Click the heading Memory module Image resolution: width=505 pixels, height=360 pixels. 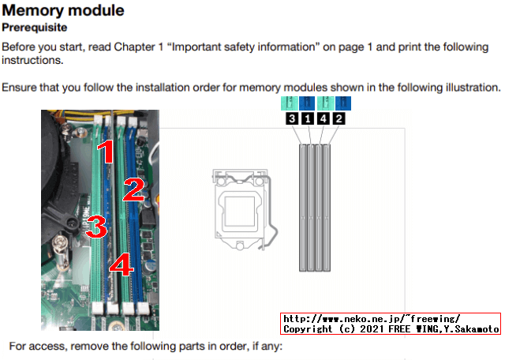pos(63,10)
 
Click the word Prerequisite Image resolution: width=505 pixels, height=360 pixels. pos(35,28)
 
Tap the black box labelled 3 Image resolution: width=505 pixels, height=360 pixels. pos(292,118)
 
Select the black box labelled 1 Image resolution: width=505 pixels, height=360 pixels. pos(308,118)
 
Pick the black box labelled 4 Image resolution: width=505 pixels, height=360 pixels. pos(323,118)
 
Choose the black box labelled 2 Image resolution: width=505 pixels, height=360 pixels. pos(339,118)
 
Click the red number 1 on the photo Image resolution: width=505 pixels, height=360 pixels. pos(106,152)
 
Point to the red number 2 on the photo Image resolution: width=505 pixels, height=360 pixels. pos(133,189)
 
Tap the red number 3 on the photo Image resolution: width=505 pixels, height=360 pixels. pos(96,227)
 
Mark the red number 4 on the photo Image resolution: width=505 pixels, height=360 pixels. pos(121,264)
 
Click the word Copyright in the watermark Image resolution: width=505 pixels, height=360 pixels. pos(308,329)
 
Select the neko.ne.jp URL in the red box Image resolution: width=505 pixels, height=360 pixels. pos(372,319)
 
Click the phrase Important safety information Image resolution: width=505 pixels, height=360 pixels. pos(243,47)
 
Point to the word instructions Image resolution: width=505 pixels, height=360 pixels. pos(32,60)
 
